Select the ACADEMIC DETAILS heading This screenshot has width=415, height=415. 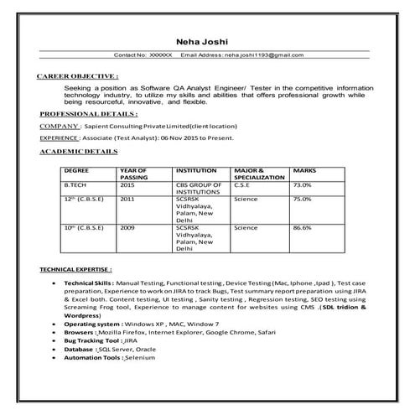pyautogui.click(x=78, y=151)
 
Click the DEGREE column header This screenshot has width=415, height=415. pyautogui.click(x=77, y=170)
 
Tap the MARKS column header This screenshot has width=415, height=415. pyautogui.click(x=304, y=170)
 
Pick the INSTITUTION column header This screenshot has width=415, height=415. pyautogui.click(x=196, y=170)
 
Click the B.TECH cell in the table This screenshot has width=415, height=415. pyautogui.click(x=75, y=185)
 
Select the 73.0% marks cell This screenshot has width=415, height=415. pyautogui.click(x=303, y=185)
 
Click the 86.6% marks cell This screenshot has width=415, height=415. pyautogui.click(x=303, y=228)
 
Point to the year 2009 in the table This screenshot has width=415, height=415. pyautogui.click(x=127, y=228)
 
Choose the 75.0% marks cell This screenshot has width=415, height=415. pyautogui.click(x=303, y=200)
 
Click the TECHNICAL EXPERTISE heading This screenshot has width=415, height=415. pyautogui.click(x=76, y=271)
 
